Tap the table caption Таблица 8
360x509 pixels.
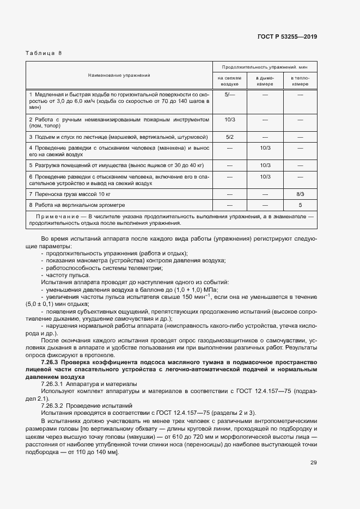pos(44,53)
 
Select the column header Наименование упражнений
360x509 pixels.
pos(119,75)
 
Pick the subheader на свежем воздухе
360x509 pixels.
pos(230,81)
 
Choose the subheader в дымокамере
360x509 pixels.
pos(265,81)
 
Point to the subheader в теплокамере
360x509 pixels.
pos(300,81)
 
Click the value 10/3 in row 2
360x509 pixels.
pos(230,119)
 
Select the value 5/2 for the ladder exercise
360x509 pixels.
pos(230,137)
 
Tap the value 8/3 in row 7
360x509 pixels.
pos(300,194)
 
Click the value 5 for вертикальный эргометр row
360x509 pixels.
pos(300,205)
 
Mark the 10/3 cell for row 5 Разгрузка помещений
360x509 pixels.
pos(265,165)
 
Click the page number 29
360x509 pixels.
pos(314,463)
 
